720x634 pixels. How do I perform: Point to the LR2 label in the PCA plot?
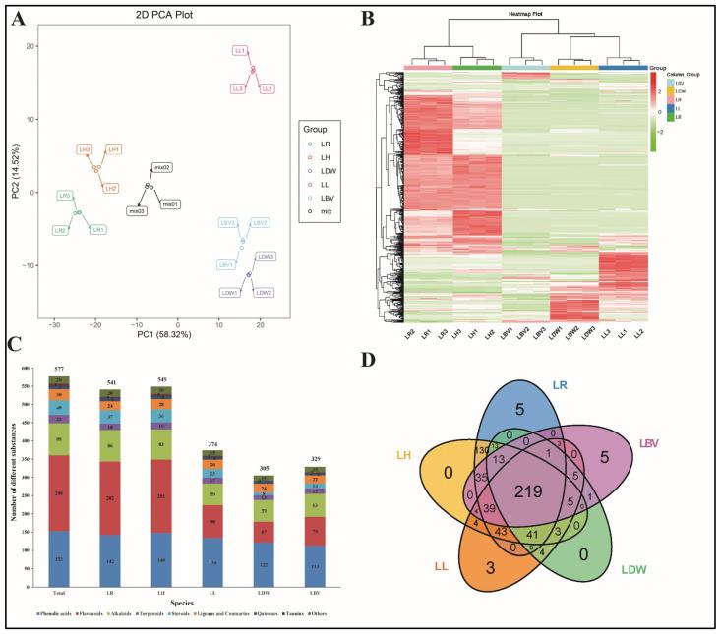pos(61,230)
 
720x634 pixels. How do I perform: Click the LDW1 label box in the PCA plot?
pos(231,293)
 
